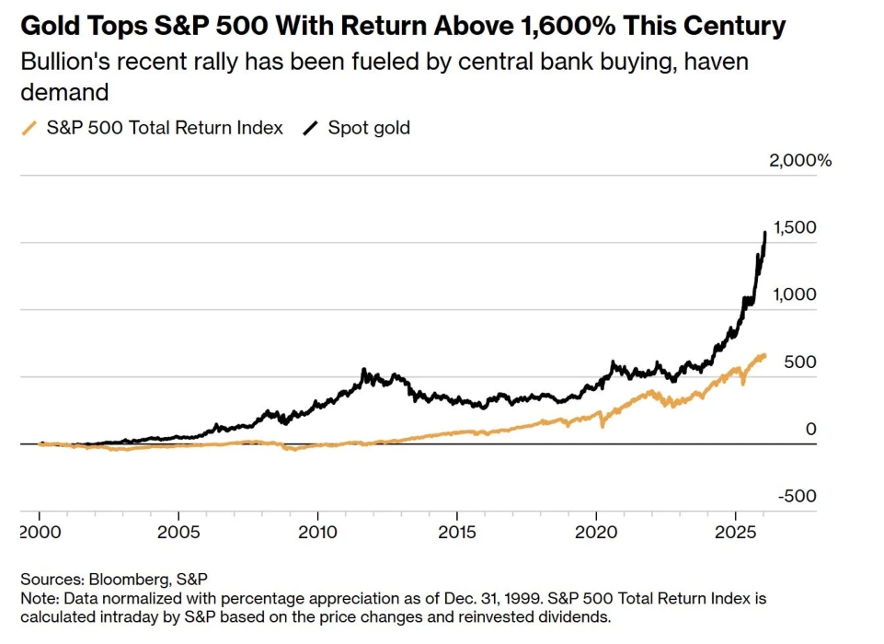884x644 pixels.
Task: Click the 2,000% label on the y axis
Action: (800, 161)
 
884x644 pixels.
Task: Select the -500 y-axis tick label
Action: (797, 497)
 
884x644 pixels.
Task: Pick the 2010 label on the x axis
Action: (317, 534)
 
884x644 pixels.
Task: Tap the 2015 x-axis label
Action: (456, 534)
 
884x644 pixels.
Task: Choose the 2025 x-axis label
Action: (735, 534)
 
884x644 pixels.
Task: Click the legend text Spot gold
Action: (369, 128)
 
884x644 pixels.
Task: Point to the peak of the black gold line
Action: (765, 233)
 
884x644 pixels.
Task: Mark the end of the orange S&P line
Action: (763, 355)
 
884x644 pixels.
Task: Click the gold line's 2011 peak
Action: (363, 371)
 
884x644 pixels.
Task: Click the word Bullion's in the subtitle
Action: (61, 63)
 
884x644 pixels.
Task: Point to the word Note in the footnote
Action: (36, 598)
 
